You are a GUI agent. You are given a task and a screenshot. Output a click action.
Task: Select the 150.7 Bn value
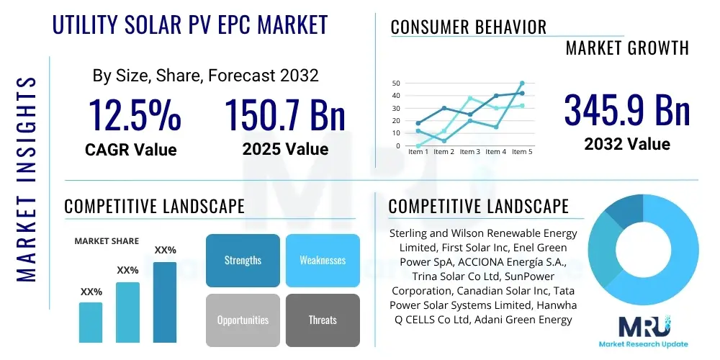(x=285, y=115)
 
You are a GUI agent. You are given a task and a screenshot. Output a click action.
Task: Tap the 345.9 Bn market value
(x=626, y=110)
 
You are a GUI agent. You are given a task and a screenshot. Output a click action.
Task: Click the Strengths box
(x=243, y=260)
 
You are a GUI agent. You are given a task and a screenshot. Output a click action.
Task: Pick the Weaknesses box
(x=323, y=260)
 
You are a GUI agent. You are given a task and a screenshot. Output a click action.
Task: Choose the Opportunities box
(x=243, y=320)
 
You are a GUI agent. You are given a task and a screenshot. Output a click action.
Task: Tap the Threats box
(x=323, y=320)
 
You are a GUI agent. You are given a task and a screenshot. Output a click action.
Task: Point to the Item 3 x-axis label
(x=469, y=152)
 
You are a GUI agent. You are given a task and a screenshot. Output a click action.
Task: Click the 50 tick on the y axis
(x=395, y=84)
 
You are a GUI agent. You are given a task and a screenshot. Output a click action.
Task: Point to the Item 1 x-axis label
(x=418, y=152)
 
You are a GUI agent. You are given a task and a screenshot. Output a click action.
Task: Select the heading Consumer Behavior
(x=468, y=27)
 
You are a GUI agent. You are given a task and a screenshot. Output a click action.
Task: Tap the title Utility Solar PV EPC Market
(x=190, y=24)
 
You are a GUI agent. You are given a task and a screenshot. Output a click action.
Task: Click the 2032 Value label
(x=626, y=144)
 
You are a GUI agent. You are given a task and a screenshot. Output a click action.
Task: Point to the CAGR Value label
(x=130, y=150)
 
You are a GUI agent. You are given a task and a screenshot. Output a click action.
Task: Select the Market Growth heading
(x=627, y=48)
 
